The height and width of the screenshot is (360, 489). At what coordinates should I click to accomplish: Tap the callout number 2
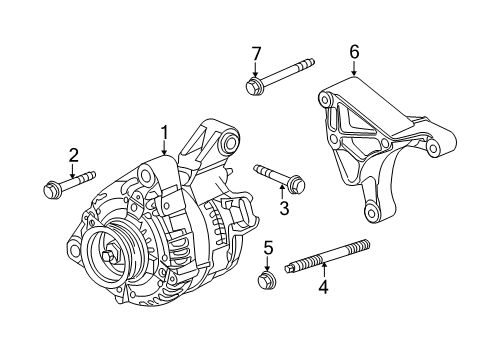pos(73,154)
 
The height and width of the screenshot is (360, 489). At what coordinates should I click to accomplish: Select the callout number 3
pos(284,207)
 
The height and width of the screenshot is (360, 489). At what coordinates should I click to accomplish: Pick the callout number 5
pos(268,247)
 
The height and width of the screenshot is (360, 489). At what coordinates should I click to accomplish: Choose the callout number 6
pos(354,51)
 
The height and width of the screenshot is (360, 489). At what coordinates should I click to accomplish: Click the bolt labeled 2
pos(65,184)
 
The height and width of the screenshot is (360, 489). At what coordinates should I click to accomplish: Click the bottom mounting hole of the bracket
pos(371,213)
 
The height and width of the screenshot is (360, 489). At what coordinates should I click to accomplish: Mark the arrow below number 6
pos(354,68)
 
